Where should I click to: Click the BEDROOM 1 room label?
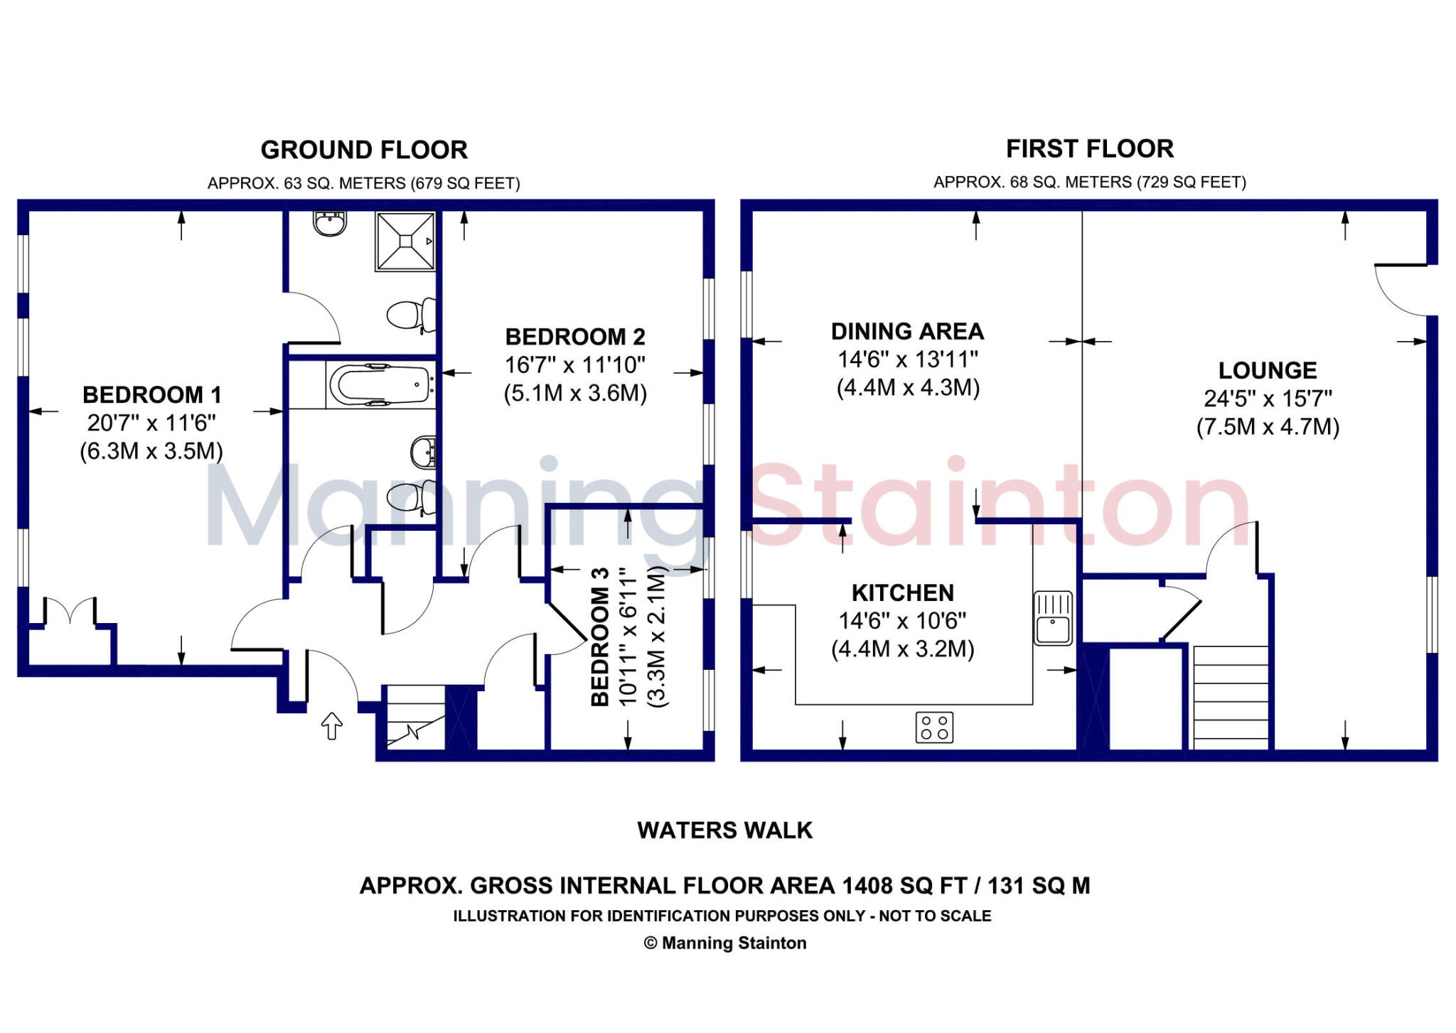click(151, 394)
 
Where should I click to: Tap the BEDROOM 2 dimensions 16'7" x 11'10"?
click(575, 365)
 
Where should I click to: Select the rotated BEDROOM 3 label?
click(600, 637)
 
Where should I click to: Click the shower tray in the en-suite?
click(405, 242)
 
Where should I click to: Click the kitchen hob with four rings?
click(934, 728)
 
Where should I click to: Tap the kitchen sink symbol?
click(1053, 617)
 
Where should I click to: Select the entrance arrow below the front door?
click(332, 725)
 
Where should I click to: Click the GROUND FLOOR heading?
click(364, 150)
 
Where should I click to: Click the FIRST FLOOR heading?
click(1089, 148)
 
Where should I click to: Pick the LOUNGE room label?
click(1268, 370)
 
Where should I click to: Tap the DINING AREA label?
click(907, 331)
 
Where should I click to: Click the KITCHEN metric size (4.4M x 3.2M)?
click(902, 649)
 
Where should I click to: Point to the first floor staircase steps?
click(1231, 696)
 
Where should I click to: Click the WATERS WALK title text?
click(724, 830)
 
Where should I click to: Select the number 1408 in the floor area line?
click(867, 886)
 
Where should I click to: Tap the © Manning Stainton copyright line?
click(724, 943)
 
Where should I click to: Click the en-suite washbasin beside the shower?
click(330, 223)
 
